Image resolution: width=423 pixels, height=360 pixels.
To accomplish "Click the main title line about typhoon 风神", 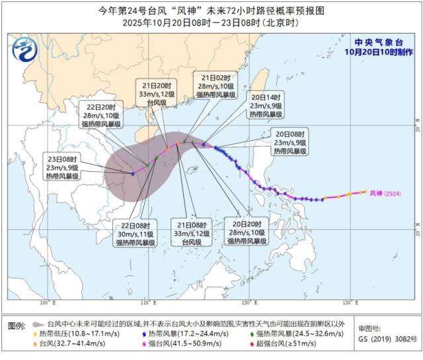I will (x=211, y=9).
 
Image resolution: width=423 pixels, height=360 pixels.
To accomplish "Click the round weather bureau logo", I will (x=24, y=48).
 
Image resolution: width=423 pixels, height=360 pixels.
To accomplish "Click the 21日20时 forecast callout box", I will (x=158, y=94).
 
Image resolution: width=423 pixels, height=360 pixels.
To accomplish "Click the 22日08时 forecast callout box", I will (x=135, y=233).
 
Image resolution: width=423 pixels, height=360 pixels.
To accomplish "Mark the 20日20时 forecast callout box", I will (x=247, y=233).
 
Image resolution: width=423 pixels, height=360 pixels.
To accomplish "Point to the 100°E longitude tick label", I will (x=46, y=303).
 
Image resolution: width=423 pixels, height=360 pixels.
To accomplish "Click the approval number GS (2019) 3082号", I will (x=384, y=343).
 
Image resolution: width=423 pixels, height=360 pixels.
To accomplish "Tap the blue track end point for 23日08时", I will (x=133, y=174).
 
